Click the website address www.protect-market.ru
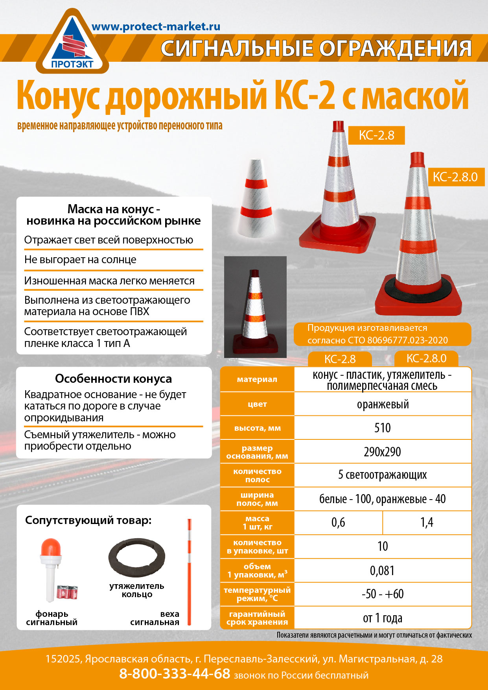pyautogui.click(x=156, y=27)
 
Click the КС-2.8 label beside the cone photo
pyautogui.click(x=376, y=135)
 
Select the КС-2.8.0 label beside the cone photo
pyautogui.click(x=455, y=177)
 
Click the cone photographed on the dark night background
pyautogui.click(x=255, y=307)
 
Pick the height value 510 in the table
pyautogui.click(x=382, y=428)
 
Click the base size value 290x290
pyautogui.click(x=382, y=452)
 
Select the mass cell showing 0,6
pyautogui.click(x=338, y=522)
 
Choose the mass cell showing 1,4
pyautogui.click(x=427, y=522)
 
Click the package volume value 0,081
pyautogui.click(x=382, y=570)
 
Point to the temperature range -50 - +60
pyautogui.click(x=382, y=594)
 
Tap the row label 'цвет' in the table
pyautogui.click(x=257, y=404)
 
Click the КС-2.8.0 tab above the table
pyautogui.click(x=426, y=358)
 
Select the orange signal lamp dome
pyautogui.click(x=51, y=547)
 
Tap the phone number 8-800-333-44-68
pyautogui.click(x=175, y=673)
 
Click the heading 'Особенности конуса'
pyautogui.click(x=113, y=378)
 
